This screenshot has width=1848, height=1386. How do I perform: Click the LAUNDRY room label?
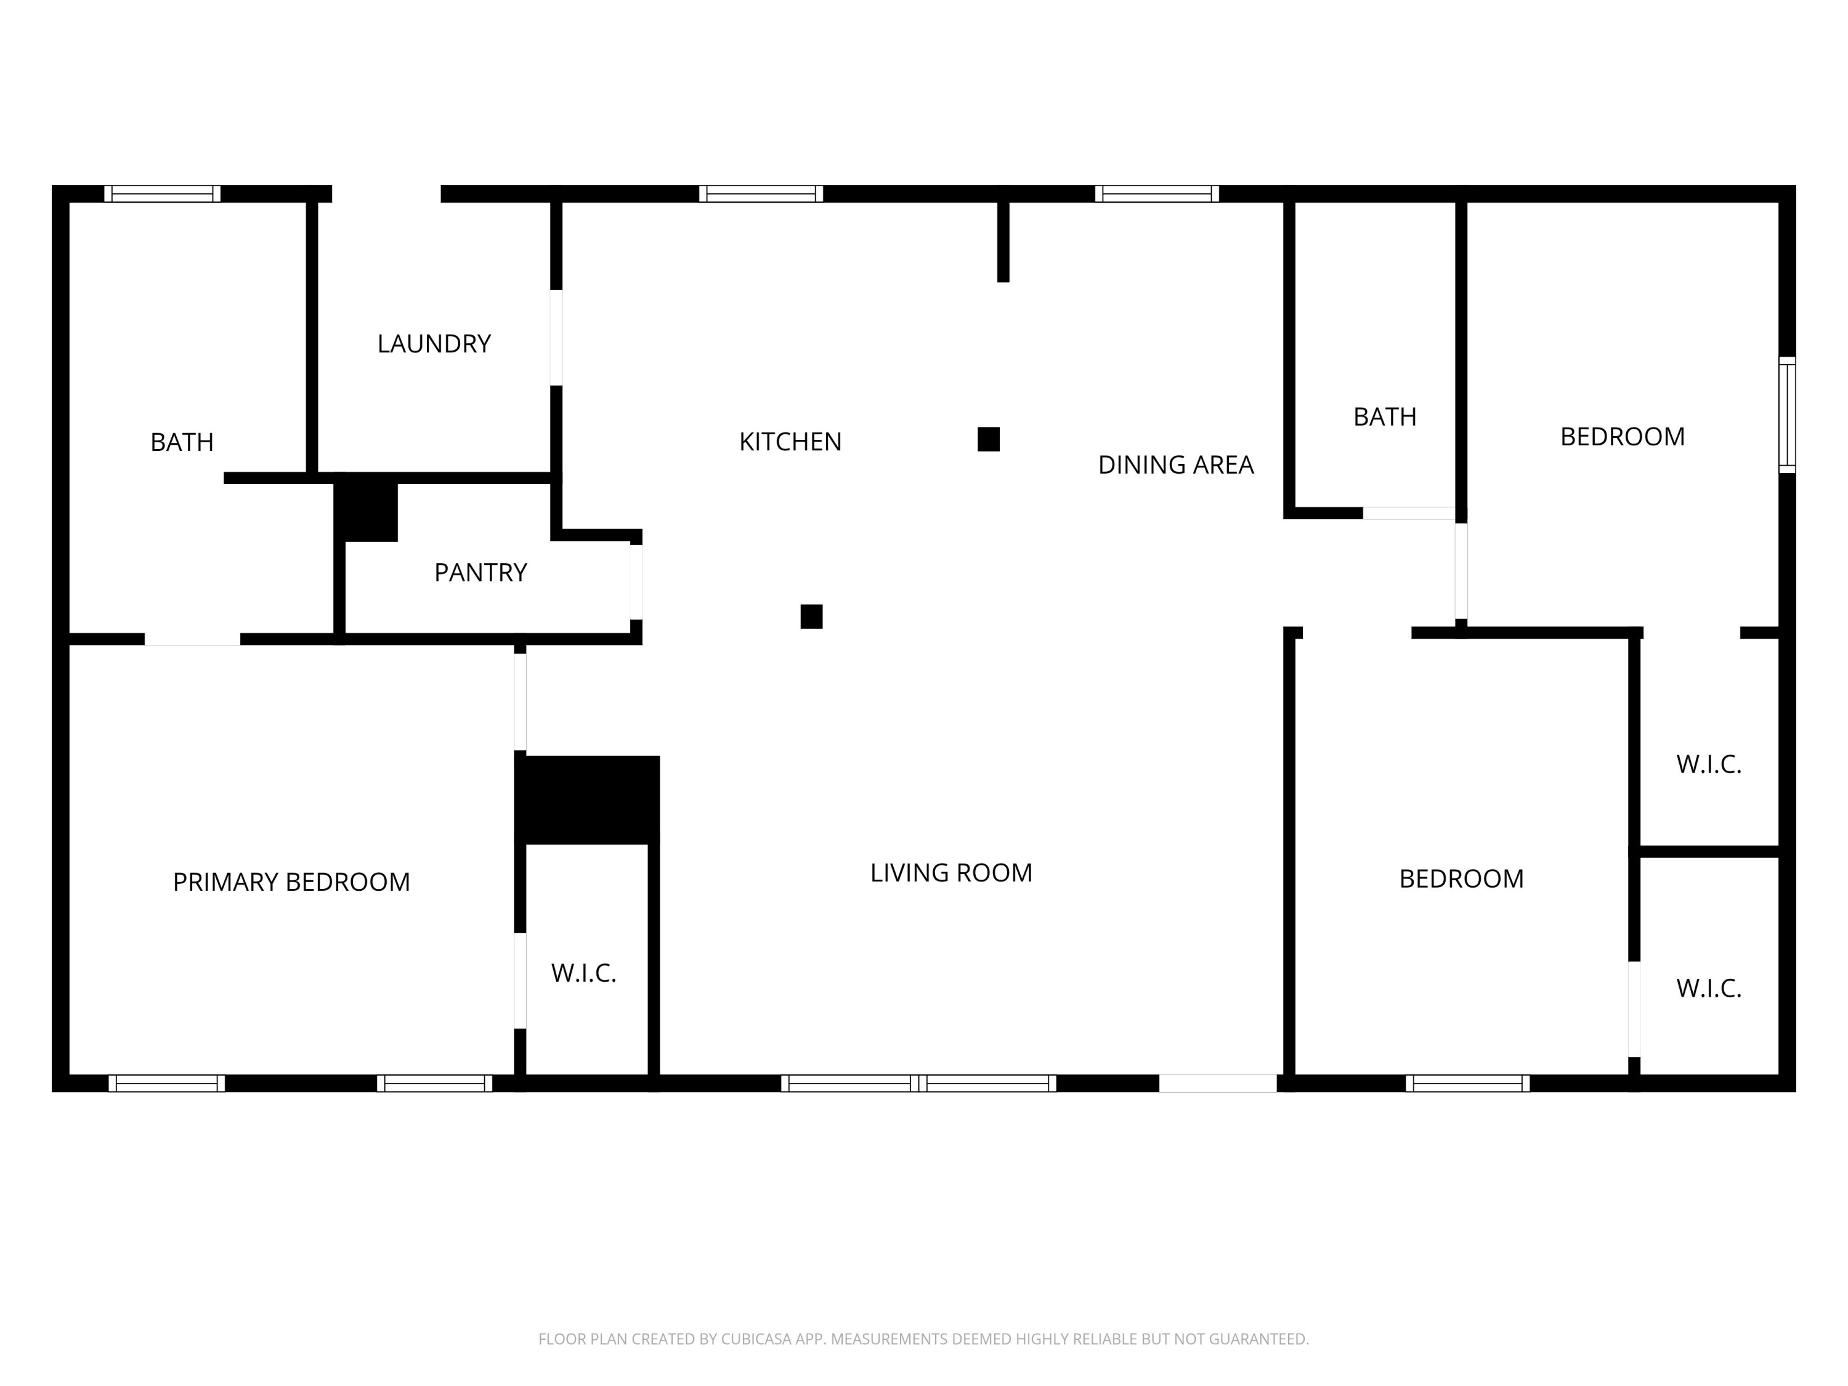click(434, 343)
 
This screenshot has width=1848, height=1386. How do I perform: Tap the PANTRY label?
click(480, 572)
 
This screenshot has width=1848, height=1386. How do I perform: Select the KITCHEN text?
click(790, 441)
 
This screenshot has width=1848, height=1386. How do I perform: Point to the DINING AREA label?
click(1175, 464)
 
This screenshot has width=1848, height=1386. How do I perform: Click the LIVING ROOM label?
click(950, 872)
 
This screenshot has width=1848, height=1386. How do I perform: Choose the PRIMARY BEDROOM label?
click(291, 881)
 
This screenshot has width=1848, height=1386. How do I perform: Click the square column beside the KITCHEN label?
click(988, 439)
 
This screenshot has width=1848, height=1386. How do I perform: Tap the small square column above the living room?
click(811, 617)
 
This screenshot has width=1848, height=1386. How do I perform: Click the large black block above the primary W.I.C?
click(587, 800)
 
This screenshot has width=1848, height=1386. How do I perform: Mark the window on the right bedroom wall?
click(1786, 415)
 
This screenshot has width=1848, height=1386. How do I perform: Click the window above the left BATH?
click(162, 194)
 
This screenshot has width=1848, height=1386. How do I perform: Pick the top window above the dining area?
click(1156, 194)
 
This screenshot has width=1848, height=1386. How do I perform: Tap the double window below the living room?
click(918, 1084)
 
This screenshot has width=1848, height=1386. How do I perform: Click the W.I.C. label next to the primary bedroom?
click(583, 973)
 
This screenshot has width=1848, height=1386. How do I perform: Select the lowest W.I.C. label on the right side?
click(1709, 988)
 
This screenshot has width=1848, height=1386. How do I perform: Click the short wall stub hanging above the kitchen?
click(1003, 242)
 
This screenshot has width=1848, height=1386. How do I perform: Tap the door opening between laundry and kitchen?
click(556, 338)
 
